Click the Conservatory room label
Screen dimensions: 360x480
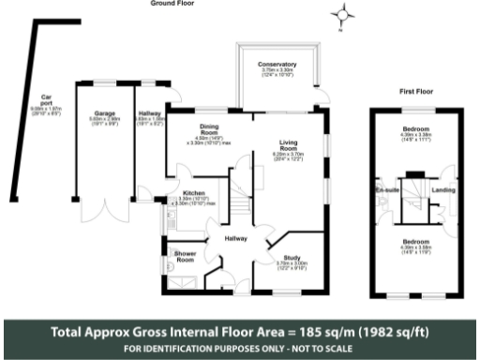pos(277,65)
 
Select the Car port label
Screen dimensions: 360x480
pos(44,97)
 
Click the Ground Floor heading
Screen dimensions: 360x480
pos(172,4)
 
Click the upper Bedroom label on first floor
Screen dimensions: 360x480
pos(415,127)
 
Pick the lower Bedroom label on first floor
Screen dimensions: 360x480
pos(415,241)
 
